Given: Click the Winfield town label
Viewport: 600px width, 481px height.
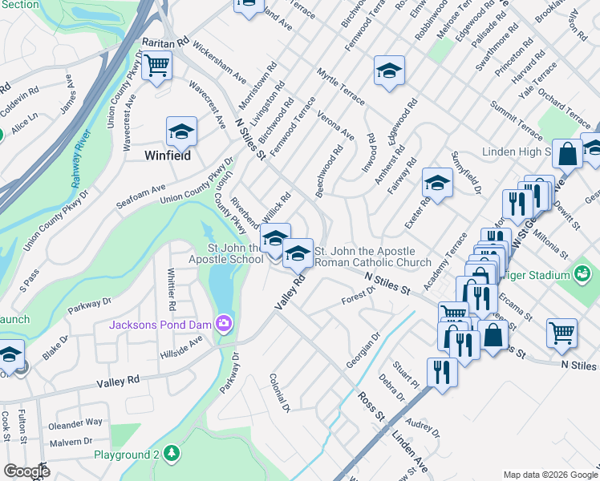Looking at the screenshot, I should (x=168, y=156).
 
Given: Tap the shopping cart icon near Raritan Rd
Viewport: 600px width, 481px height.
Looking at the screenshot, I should (x=158, y=65).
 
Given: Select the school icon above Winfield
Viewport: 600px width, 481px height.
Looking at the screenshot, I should (x=181, y=131).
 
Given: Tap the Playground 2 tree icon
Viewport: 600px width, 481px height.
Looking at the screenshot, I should (x=171, y=455).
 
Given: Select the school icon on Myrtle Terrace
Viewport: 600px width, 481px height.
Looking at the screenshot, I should (x=389, y=71).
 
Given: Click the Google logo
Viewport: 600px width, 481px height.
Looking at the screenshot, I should (x=26, y=471).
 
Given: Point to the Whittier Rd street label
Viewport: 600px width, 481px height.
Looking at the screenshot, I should (x=172, y=289).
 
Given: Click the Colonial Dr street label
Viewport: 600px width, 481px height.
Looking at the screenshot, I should (x=281, y=393).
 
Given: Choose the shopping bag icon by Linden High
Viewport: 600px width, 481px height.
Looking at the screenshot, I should (x=567, y=155).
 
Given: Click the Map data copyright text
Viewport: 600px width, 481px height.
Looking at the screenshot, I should (x=549, y=475).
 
